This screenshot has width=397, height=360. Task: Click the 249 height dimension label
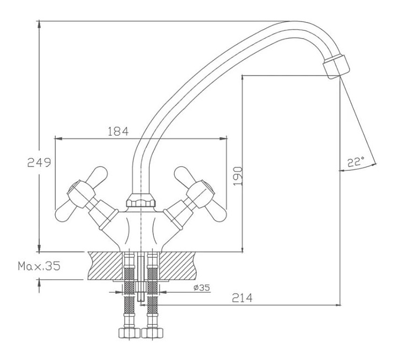[39, 162]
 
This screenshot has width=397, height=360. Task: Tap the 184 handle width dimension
[118, 131]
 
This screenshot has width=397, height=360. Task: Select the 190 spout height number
[238, 176]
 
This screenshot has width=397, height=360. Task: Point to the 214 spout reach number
[242, 298]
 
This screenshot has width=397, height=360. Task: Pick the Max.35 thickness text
[39, 266]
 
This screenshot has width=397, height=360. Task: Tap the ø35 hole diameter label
[202, 288]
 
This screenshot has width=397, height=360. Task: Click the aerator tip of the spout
[336, 67]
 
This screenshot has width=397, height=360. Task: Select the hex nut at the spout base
[141, 201]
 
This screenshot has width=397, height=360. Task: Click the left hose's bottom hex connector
[130, 333]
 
